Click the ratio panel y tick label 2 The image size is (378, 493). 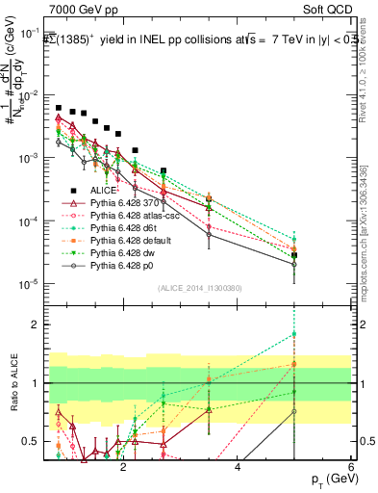pos(35,325)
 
